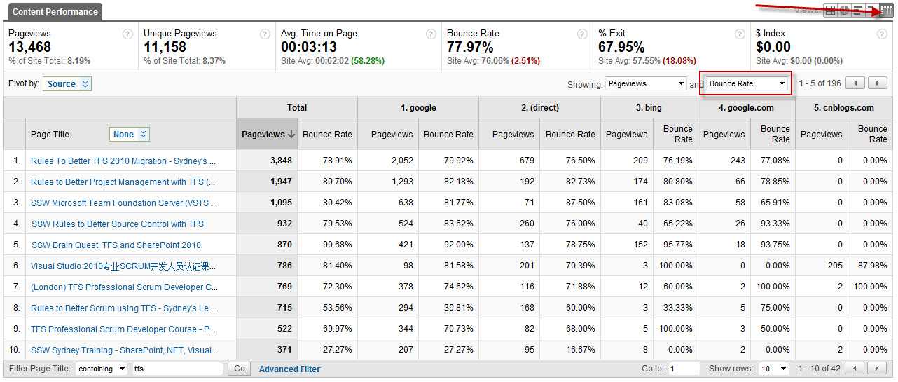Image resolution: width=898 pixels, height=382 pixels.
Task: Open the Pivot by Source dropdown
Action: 67,84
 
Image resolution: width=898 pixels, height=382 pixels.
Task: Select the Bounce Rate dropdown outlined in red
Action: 747,83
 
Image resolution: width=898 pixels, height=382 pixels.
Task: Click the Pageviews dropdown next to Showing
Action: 646,83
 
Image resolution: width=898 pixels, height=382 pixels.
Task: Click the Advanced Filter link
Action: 289,369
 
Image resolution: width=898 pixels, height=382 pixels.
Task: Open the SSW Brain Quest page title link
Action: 116,245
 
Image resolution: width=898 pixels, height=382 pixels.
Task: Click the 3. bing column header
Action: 649,108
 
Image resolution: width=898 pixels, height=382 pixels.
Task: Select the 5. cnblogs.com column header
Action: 844,108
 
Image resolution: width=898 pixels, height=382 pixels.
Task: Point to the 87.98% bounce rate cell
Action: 872,266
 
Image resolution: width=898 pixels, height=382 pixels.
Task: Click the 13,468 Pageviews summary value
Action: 30,48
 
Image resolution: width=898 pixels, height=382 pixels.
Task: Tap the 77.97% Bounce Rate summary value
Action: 470,48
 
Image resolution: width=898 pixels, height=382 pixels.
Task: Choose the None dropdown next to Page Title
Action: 130,135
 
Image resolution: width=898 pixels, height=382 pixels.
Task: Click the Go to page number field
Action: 683,369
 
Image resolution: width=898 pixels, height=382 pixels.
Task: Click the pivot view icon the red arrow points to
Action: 886,10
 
